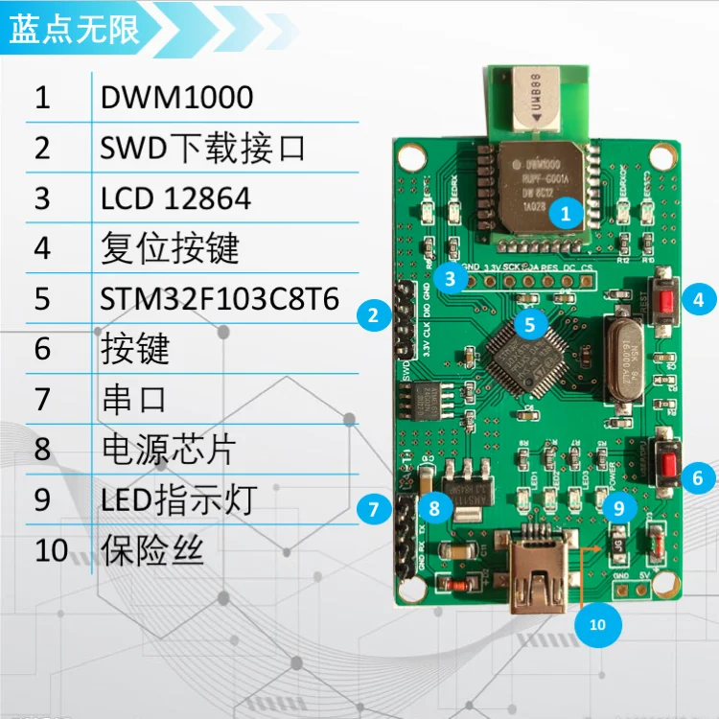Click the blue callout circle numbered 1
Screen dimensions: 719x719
click(566, 214)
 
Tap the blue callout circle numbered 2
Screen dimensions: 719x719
click(372, 314)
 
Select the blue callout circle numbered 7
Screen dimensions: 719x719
click(373, 510)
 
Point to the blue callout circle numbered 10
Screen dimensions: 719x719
click(597, 625)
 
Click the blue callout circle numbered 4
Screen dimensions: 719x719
click(698, 299)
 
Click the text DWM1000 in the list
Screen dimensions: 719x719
click(176, 97)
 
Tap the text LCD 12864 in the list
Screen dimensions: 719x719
click(175, 197)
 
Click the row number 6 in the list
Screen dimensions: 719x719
click(42, 348)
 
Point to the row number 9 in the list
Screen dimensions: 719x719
click(42, 500)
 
